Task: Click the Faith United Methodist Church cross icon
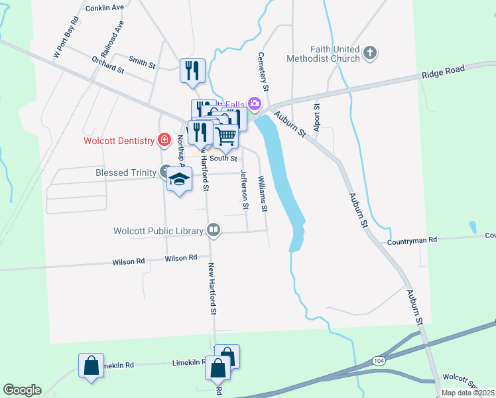tap(370, 52)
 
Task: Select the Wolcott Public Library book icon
tap(214, 230)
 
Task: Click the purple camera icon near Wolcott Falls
tap(254, 103)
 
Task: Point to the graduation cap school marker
tap(178, 179)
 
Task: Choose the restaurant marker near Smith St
tap(192, 70)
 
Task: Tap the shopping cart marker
tap(226, 136)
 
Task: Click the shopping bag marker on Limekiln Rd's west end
tap(91, 365)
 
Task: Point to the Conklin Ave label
tap(105, 8)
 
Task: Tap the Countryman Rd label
tap(412, 239)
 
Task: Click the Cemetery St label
tap(263, 72)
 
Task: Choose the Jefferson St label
tap(244, 190)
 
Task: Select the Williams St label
tap(263, 194)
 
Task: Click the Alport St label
tap(317, 117)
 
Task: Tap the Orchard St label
tap(107, 64)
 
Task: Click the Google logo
tap(22, 390)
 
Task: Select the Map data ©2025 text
tap(467, 393)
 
